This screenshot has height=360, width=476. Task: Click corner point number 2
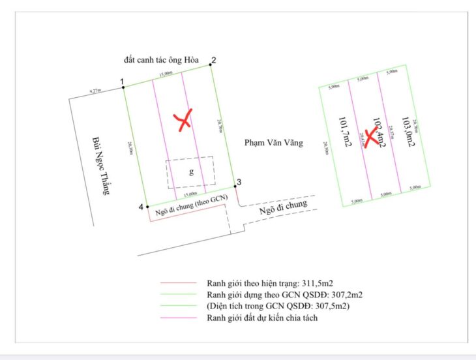click(211, 65)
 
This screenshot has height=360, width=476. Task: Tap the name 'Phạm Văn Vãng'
click(274, 142)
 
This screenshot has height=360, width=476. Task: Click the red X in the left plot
click(185, 119)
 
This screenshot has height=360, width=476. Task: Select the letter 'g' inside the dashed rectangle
click(191, 172)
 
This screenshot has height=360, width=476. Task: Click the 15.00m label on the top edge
click(164, 74)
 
